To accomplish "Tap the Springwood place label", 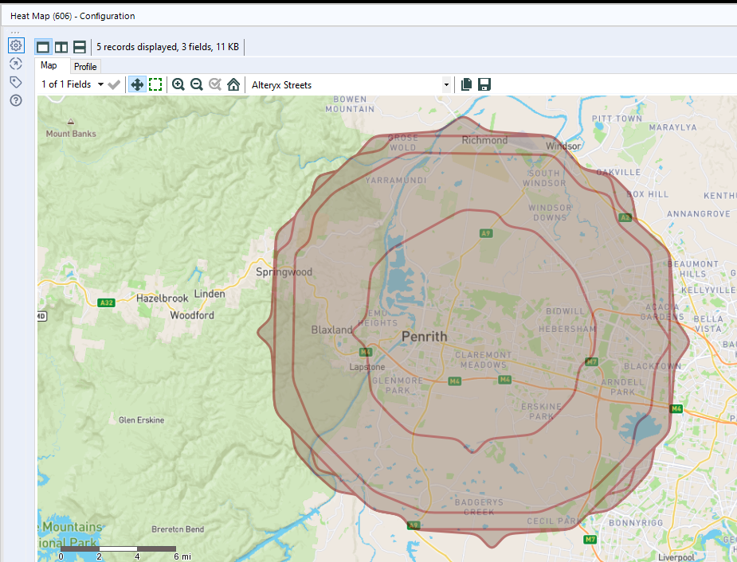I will tap(284, 272).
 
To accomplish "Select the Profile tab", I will tap(85, 67).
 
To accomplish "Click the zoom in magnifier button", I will tap(178, 84).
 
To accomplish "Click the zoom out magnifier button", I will tap(197, 84).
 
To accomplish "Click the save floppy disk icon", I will tap(484, 84).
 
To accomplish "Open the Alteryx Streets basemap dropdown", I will tap(446, 84).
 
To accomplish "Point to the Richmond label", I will tap(484, 140).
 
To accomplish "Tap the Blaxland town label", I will tap(331, 330).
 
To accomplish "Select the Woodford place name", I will tap(192, 315).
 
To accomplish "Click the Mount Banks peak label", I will tap(71, 134).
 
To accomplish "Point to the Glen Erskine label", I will tap(141, 420).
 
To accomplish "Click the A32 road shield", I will tap(106, 302).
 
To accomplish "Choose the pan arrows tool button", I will tap(137, 84).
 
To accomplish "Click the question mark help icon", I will tap(16, 100).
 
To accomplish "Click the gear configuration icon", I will tap(16, 45).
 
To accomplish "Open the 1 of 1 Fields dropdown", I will tap(73, 84).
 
